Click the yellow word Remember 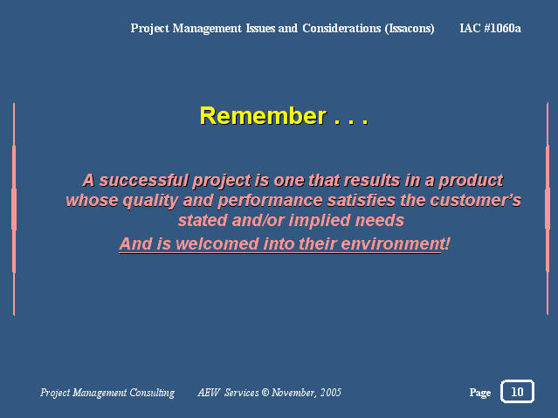263,116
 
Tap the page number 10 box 517,391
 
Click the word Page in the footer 480,393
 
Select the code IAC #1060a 491,28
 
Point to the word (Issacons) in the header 410,29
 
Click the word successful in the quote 144,181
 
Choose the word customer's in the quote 475,201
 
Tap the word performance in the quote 270,201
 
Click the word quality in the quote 150,202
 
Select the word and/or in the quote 258,221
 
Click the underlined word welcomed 217,244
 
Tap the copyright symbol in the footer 265,393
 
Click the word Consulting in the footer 152,393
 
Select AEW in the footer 209,393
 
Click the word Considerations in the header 341,28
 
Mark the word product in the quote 471,181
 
